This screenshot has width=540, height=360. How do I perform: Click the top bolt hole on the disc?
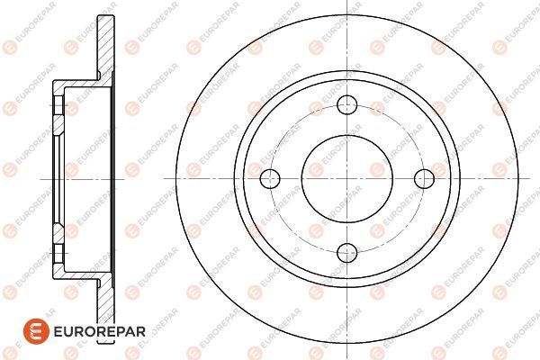(x=346, y=104)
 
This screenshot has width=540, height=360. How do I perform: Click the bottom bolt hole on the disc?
(x=346, y=253)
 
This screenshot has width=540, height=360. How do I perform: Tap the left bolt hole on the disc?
(x=270, y=178)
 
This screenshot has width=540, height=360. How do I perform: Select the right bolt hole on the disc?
(x=424, y=178)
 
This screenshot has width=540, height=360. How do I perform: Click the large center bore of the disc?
(x=346, y=178)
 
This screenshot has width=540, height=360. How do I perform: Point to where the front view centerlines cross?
(x=346, y=178)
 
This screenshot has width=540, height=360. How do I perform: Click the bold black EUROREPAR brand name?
(x=99, y=331)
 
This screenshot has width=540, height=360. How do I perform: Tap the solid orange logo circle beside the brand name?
(x=36, y=331)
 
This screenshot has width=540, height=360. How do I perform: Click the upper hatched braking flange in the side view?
(x=105, y=47)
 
